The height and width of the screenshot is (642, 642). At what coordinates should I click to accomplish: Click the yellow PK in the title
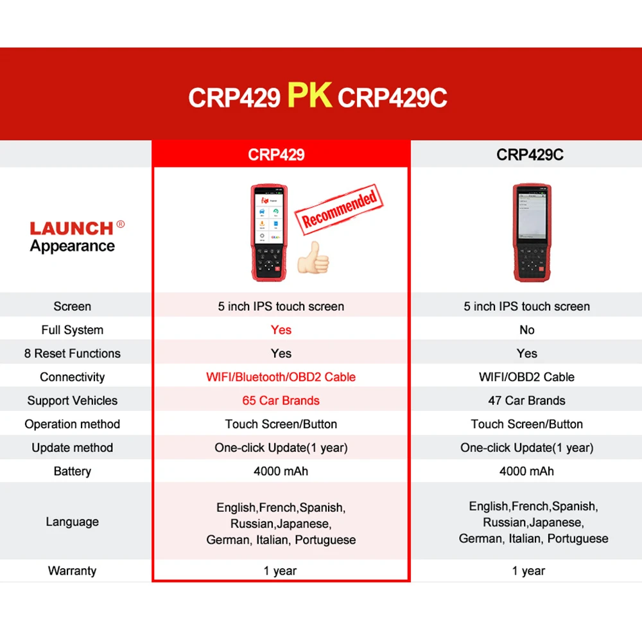click(309, 95)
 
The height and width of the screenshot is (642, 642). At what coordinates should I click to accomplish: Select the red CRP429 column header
click(281, 155)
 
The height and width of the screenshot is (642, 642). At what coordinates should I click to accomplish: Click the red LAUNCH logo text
click(72, 228)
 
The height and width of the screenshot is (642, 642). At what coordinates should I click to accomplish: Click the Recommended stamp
click(339, 209)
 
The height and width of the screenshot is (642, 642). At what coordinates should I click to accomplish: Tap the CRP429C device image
click(532, 232)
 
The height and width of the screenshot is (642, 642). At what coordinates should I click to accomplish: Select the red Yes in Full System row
click(281, 330)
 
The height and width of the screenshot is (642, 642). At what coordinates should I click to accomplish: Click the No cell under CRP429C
click(527, 330)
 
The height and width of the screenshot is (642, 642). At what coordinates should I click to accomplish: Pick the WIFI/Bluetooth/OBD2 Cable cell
click(281, 377)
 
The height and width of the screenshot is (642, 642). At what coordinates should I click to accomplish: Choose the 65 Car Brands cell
click(281, 401)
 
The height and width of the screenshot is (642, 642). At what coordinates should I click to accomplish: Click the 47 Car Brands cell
click(527, 401)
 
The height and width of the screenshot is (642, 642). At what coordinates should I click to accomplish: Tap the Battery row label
click(73, 471)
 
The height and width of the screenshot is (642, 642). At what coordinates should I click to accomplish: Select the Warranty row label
click(73, 571)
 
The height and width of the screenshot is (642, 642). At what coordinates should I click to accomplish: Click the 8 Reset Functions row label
click(73, 354)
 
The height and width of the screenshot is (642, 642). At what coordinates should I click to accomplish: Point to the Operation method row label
click(73, 424)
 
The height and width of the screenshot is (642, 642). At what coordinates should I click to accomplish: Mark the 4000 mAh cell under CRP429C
click(527, 471)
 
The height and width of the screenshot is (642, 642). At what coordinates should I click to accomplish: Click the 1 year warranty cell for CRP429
click(281, 571)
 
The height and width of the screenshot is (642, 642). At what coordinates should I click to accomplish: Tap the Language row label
click(73, 522)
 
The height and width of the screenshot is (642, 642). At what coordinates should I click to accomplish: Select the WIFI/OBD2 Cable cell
click(527, 377)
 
